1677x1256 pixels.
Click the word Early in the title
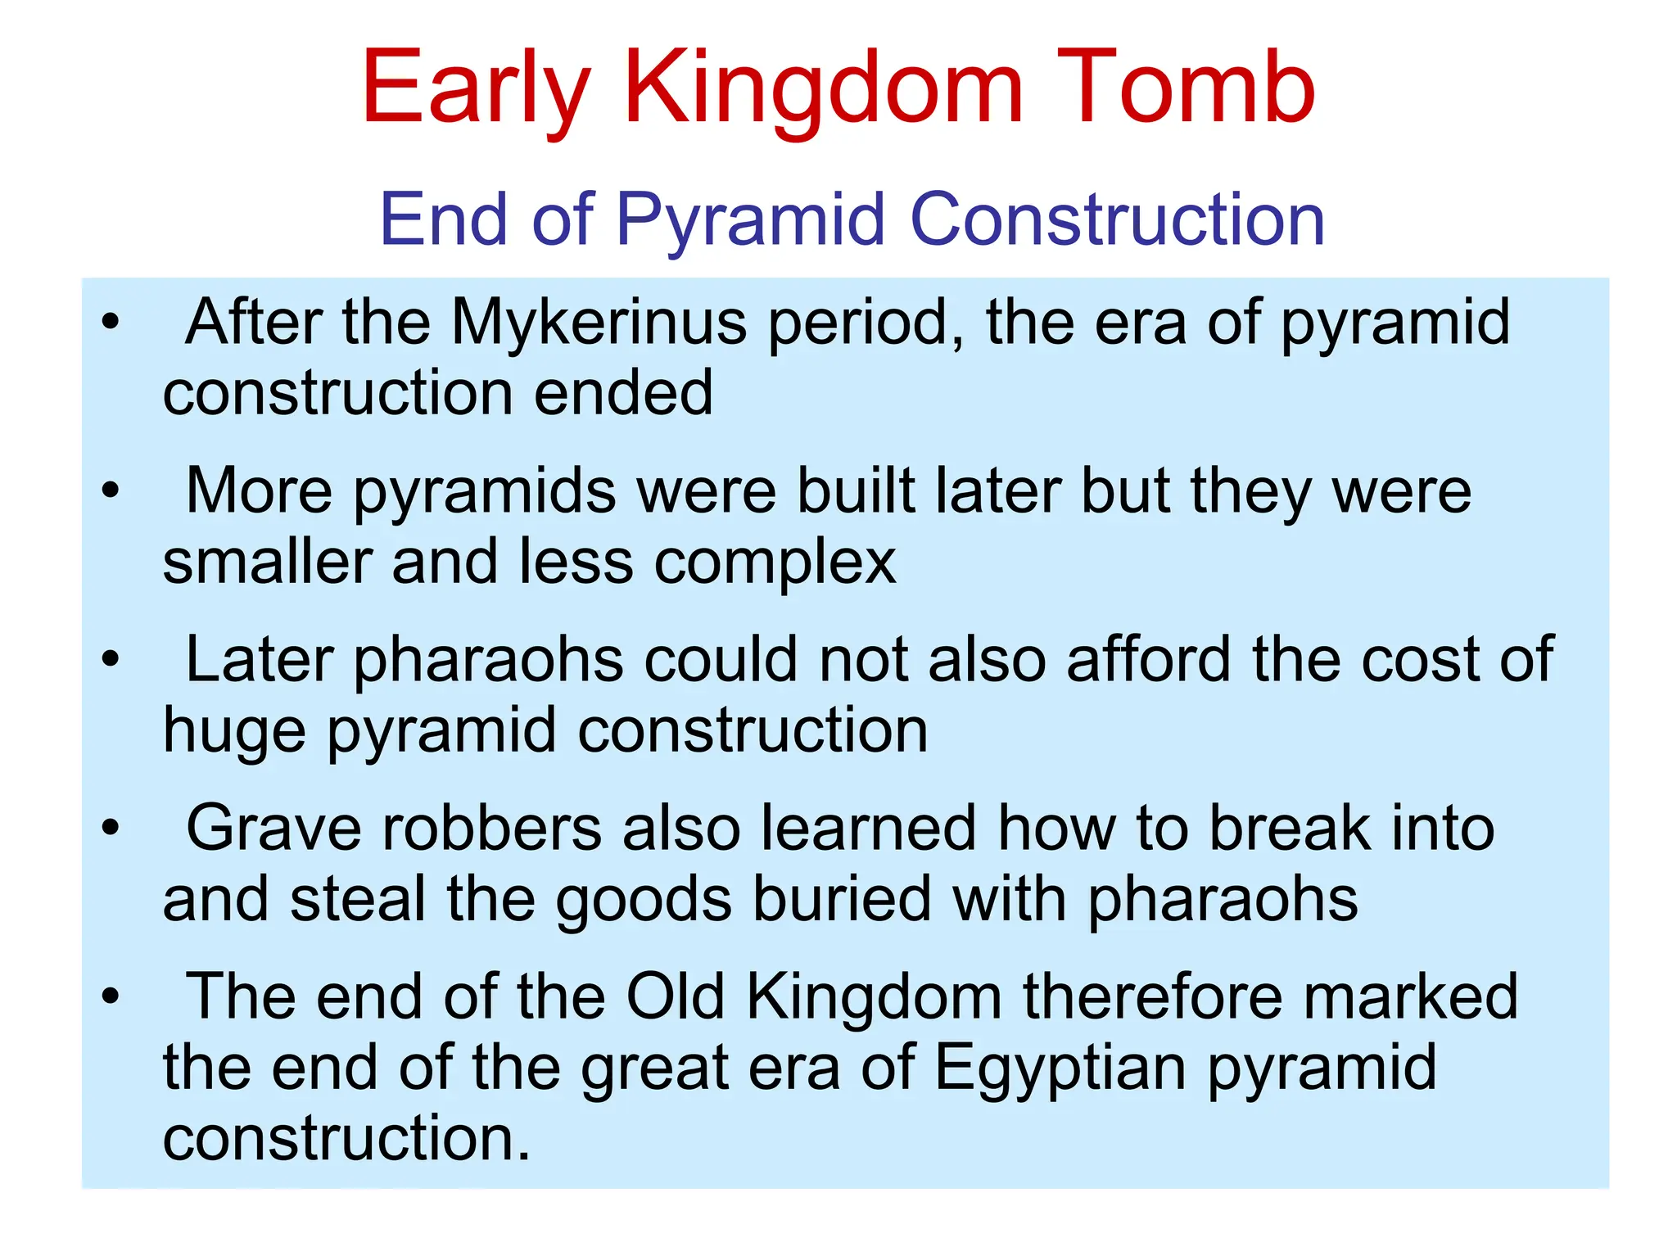475,88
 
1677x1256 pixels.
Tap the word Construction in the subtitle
1117,219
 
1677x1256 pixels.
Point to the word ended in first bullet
623,393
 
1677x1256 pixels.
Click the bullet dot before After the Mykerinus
111,322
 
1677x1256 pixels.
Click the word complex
775,563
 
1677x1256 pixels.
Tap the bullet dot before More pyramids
111,490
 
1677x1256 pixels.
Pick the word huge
234,732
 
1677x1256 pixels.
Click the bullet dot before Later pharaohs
111,659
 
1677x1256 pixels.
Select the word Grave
273,828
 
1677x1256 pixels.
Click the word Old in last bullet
675,996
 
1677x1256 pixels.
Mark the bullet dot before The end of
111,996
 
